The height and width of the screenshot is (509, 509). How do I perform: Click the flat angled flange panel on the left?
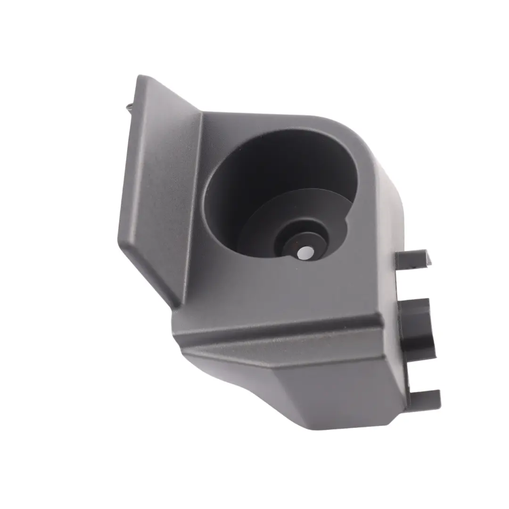(x=160, y=189)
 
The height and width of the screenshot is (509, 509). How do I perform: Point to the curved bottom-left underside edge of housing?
(x=226, y=377)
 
